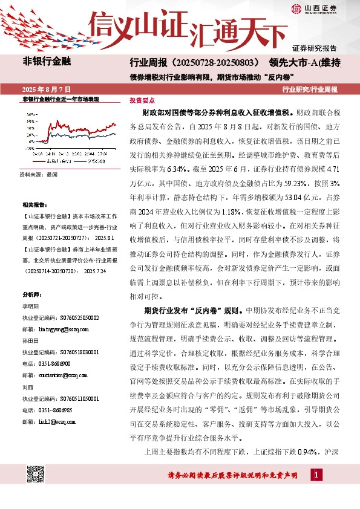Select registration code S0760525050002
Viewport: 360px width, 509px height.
point(60,317)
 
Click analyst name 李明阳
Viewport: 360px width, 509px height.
point(30,306)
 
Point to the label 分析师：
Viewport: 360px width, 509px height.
point(31,294)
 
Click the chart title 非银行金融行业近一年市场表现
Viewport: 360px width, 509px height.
point(60,99)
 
